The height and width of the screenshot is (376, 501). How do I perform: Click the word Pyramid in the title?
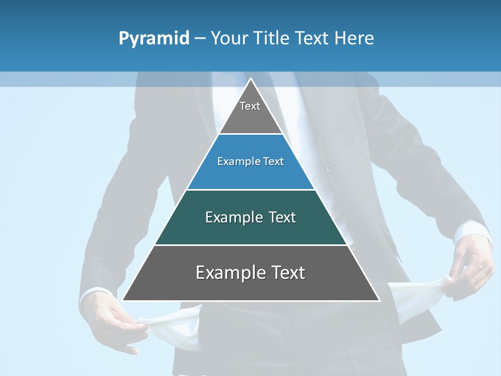[x=154, y=39]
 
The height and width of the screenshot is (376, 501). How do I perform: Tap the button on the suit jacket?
[x=330, y=166]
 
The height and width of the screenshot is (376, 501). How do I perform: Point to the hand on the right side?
[x=472, y=264]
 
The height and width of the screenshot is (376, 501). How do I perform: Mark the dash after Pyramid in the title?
[x=200, y=39]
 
